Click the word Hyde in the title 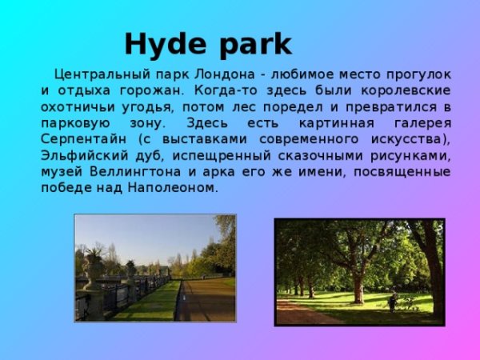[162, 43]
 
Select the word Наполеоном [175, 188]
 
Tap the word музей [61, 172]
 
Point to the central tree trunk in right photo [358, 284]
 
